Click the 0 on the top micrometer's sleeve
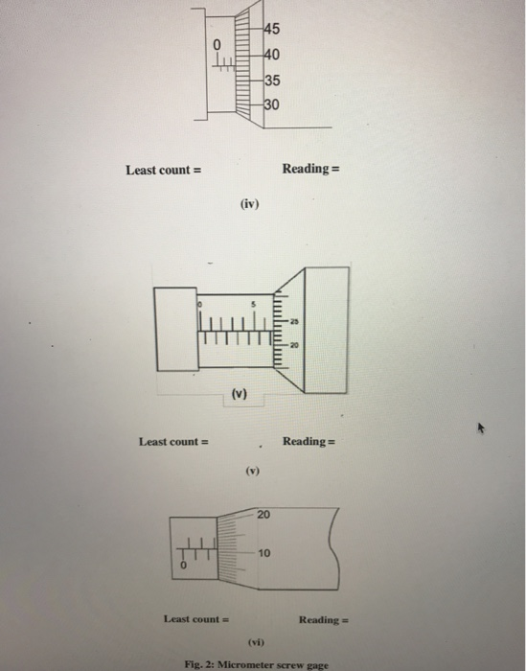(217, 44)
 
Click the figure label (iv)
(251, 203)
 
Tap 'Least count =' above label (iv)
(163, 170)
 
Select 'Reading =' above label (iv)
(311, 170)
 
